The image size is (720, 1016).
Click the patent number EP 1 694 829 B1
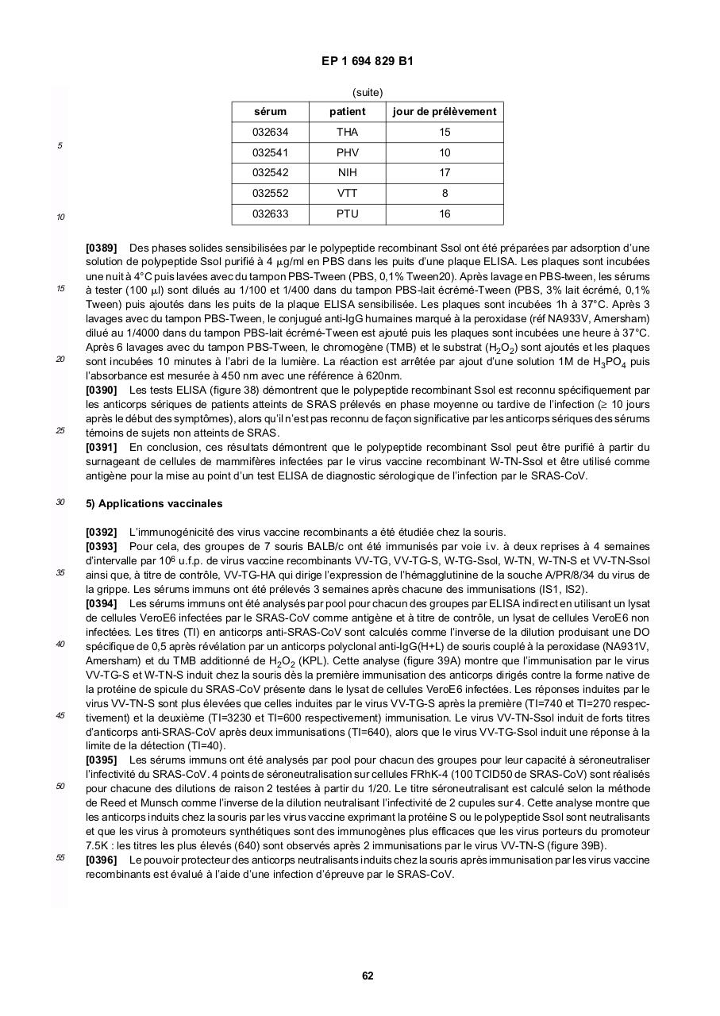368,61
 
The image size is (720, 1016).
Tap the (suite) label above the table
368,92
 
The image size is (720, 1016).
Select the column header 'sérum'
270,112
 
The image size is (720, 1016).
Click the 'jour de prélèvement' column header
445,112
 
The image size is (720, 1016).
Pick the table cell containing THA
347,133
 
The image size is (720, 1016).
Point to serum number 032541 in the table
270,152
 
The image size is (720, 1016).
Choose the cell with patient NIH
347,173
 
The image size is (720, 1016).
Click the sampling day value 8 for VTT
445,194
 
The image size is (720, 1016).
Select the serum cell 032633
270,214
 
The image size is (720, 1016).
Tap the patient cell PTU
347,214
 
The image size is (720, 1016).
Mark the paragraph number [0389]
101,248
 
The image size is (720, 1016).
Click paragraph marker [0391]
101,448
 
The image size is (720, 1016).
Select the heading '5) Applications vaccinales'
154,504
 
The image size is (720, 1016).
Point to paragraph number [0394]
101,603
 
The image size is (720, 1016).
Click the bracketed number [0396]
101,860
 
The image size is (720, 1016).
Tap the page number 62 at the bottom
368,976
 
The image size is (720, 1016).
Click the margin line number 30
60,502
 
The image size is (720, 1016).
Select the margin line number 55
60,857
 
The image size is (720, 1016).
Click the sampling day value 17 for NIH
445,173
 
